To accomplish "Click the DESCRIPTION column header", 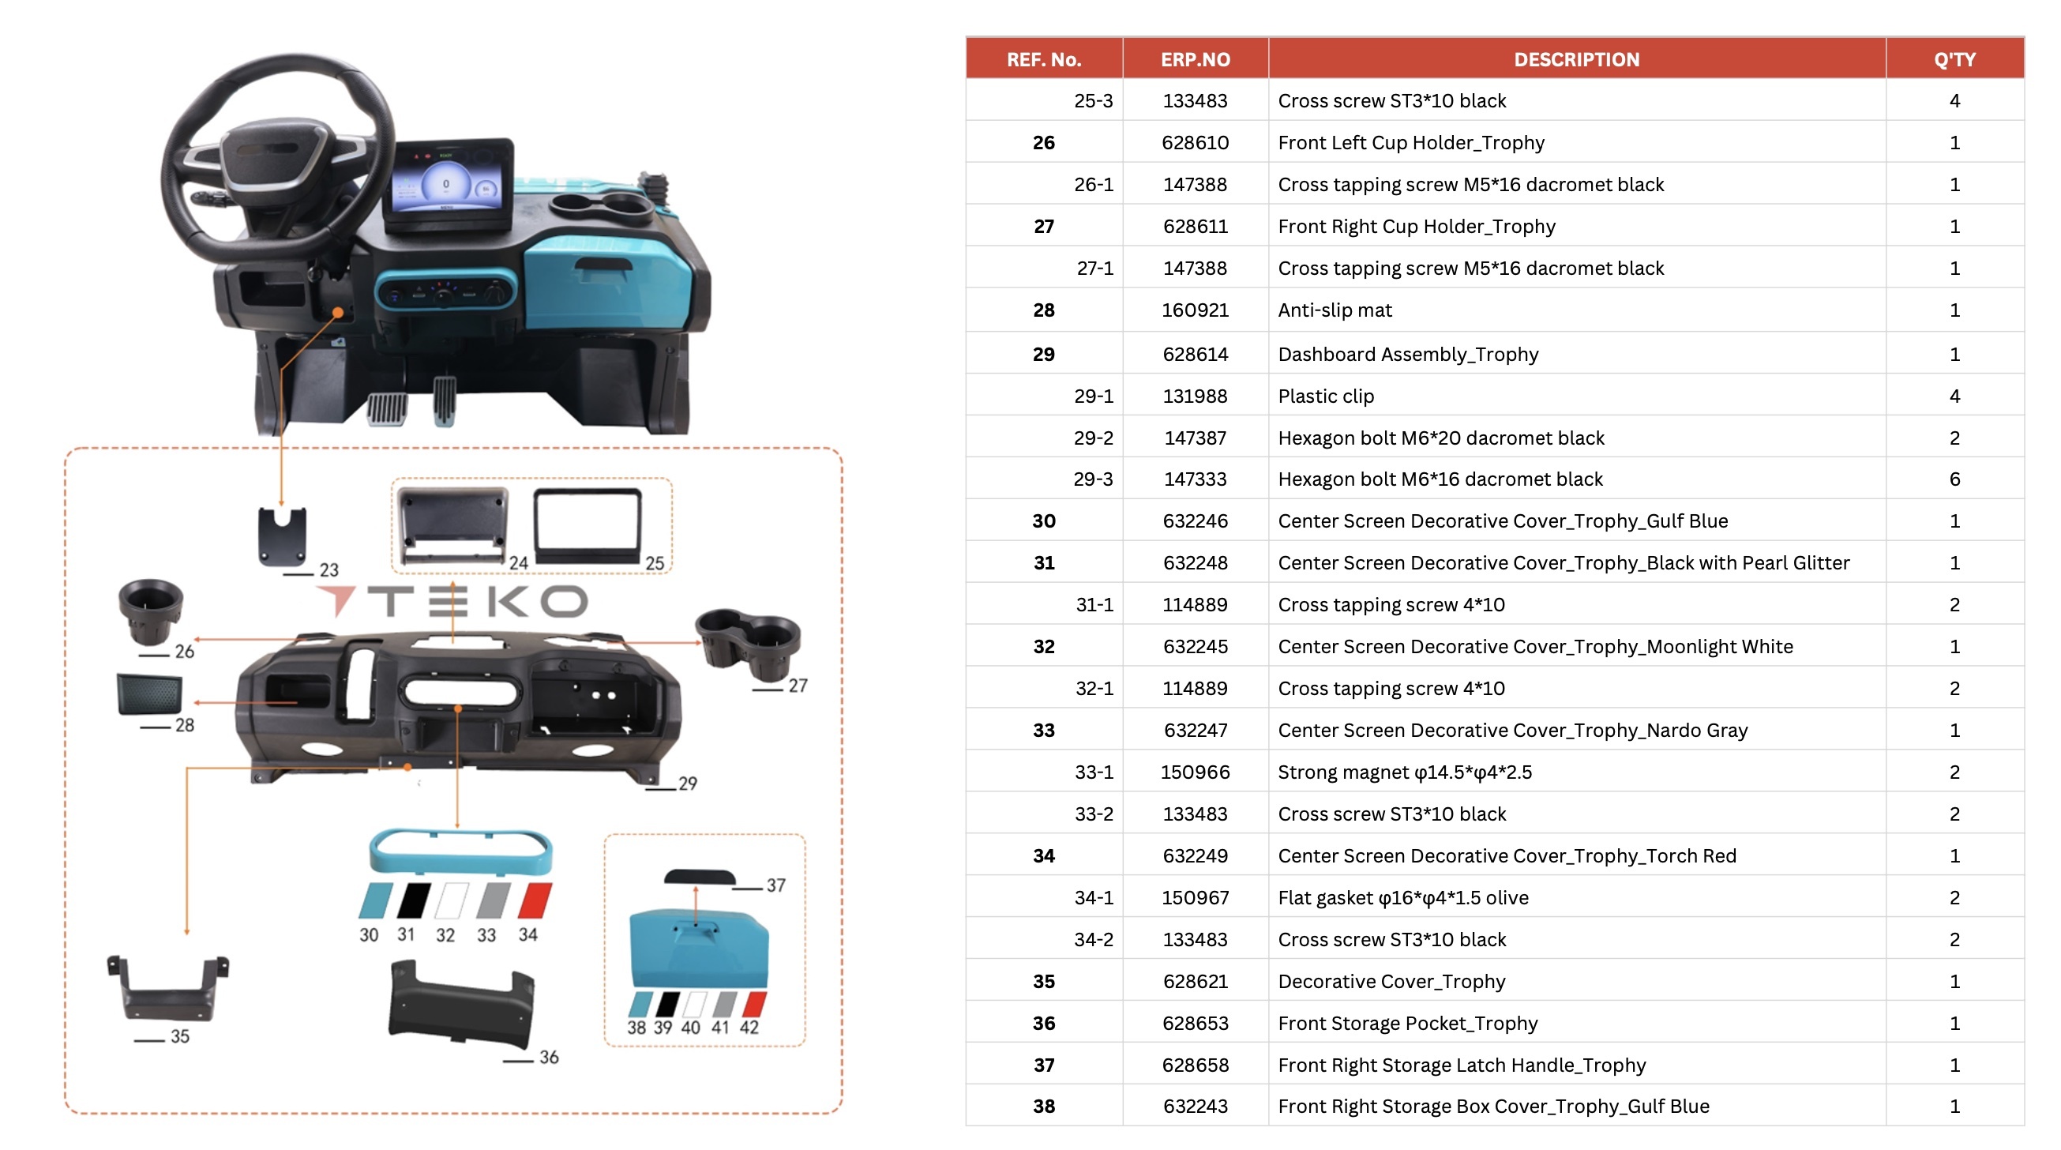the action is [1575, 59].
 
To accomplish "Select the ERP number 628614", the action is [1195, 354].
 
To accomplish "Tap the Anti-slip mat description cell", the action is [1334, 310].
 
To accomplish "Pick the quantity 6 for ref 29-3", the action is [1954, 479].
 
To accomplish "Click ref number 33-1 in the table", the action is [1093, 772].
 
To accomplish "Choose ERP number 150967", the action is [1195, 897].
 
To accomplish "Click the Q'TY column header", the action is [1954, 59].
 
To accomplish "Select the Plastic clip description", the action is [1325, 396].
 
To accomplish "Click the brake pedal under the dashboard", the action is [387, 408].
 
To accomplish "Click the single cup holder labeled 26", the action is [150, 610].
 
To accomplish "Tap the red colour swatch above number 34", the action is [535, 900].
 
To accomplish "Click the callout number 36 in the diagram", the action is [548, 1056].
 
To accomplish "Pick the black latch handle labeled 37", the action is [700, 877].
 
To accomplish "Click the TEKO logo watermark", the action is [452, 601].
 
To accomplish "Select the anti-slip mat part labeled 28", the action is [149, 693].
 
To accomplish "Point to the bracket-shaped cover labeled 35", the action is [167, 987].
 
